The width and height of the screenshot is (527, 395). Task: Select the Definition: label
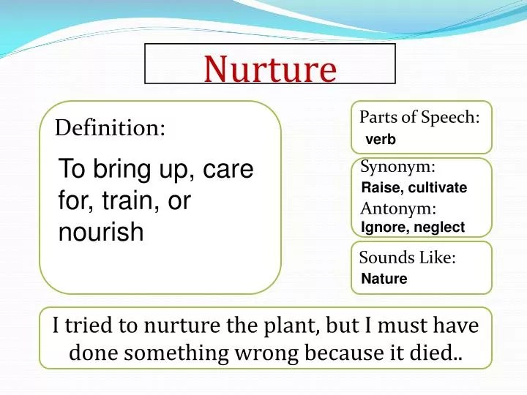click(x=111, y=129)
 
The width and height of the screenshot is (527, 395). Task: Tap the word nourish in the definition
click(x=101, y=233)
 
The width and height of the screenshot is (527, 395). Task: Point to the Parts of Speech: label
click(x=419, y=117)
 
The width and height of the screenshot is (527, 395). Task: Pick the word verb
click(x=380, y=140)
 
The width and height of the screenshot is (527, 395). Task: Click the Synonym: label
click(x=398, y=168)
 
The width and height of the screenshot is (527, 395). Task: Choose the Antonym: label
click(x=398, y=208)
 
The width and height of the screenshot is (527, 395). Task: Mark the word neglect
click(x=439, y=227)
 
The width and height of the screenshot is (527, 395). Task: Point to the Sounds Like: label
click(x=408, y=257)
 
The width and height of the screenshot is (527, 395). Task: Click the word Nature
click(x=384, y=279)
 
